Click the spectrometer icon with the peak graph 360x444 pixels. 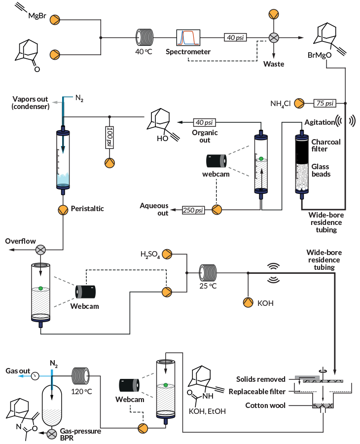click(x=188, y=37)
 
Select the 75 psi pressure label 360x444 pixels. click(x=324, y=103)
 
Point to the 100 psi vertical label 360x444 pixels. click(x=109, y=136)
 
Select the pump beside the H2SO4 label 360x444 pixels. click(x=167, y=254)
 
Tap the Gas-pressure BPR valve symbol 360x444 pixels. click(x=51, y=434)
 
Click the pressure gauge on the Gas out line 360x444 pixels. click(x=35, y=376)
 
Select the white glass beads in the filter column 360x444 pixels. click(x=301, y=187)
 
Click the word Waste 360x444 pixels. click(x=273, y=64)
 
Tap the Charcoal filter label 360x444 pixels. click(x=325, y=145)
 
